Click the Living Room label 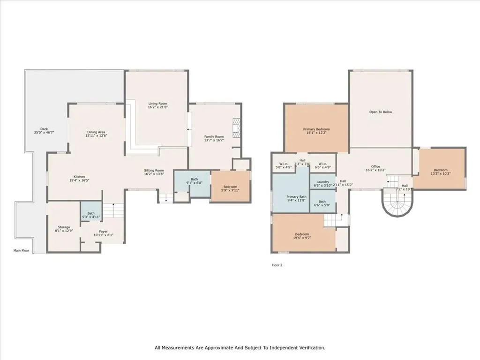(x=157, y=105)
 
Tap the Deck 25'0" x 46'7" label (x=44, y=131)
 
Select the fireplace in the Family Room (x=236, y=127)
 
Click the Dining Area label (x=96, y=134)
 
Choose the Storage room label (x=64, y=229)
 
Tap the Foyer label (x=103, y=233)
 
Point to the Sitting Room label (x=154, y=172)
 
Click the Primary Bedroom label (x=316, y=131)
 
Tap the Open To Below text (x=380, y=112)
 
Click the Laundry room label (x=322, y=183)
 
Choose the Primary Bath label (x=296, y=199)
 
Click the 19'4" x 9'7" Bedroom (x=302, y=236)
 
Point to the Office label (x=375, y=168)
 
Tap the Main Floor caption (x=21, y=251)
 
